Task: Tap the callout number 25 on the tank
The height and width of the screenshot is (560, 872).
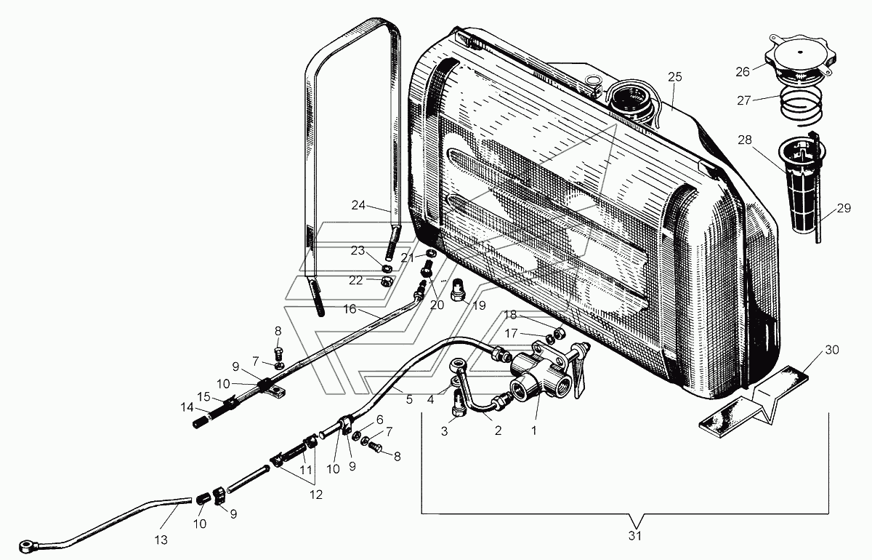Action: [x=675, y=77]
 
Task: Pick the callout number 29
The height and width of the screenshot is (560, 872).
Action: [x=844, y=208]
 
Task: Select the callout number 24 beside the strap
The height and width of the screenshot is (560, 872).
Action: [x=358, y=205]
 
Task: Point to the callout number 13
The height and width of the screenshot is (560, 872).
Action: [x=161, y=540]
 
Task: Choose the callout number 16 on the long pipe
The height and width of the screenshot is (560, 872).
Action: [x=350, y=309]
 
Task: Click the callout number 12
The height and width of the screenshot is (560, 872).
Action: [x=315, y=495]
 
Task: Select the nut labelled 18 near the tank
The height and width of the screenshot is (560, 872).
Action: [x=559, y=333]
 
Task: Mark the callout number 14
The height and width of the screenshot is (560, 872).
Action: [x=187, y=407]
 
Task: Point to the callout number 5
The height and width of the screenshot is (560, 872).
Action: [x=408, y=399]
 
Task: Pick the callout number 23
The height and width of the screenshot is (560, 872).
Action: [x=358, y=251]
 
